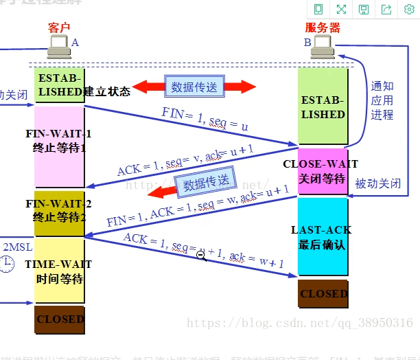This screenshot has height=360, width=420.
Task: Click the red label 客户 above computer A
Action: (x=59, y=27)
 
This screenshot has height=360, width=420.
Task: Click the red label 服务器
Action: (x=323, y=28)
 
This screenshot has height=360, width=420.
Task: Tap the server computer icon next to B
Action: (x=323, y=46)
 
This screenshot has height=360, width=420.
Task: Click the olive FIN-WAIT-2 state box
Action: (x=58, y=210)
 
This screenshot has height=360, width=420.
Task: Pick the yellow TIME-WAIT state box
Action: (x=58, y=271)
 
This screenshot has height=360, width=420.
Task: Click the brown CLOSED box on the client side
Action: (x=60, y=319)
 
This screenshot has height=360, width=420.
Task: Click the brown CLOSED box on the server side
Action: (x=323, y=293)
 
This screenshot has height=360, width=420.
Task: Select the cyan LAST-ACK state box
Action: (x=323, y=236)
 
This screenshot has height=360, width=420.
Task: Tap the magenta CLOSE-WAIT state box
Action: (x=323, y=171)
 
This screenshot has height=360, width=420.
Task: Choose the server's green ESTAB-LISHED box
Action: (x=323, y=107)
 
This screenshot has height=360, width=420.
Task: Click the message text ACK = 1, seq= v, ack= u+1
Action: (x=185, y=161)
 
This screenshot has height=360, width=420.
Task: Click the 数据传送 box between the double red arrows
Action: (x=194, y=87)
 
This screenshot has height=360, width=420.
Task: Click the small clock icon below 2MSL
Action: (x=8, y=263)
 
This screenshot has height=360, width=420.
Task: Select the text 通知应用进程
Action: (x=382, y=100)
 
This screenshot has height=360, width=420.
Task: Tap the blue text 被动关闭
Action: (x=378, y=184)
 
